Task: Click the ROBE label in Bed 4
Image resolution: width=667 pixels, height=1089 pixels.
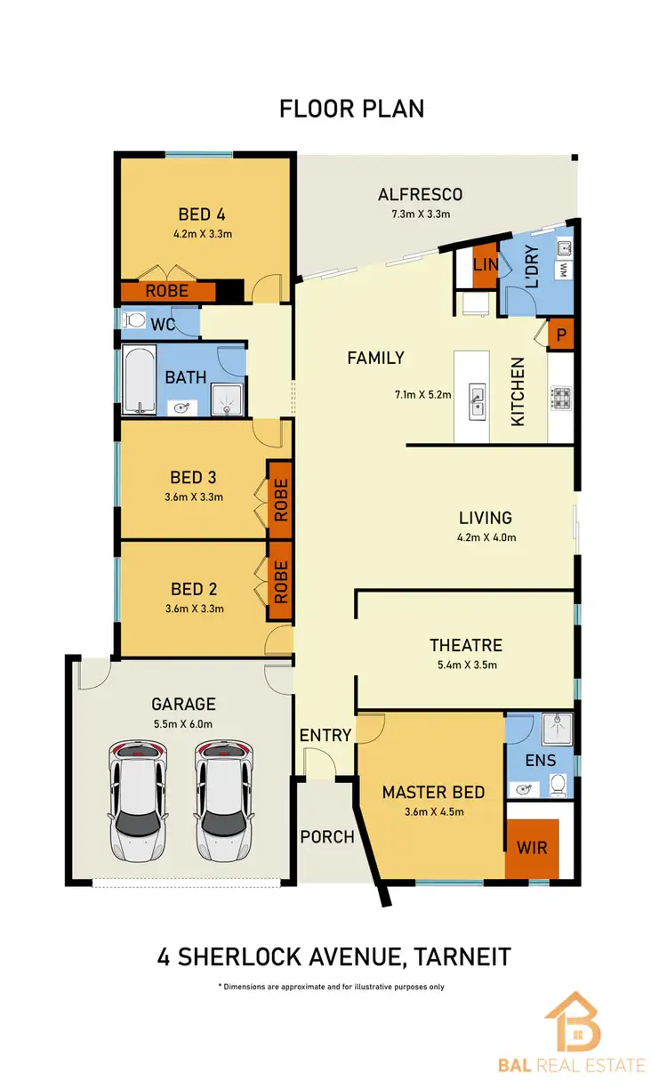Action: tap(167, 291)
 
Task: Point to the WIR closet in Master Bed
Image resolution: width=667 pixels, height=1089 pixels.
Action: tap(532, 848)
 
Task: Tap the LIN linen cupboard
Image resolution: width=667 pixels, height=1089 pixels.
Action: tap(485, 265)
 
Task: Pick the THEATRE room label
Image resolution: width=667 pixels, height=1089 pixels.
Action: tap(465, 645)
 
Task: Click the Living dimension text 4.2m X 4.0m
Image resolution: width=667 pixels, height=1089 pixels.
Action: tap(486, 536)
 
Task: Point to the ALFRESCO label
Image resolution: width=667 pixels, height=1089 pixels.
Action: tap(421, 195)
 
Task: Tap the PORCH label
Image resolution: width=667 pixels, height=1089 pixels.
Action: tap(327, 836)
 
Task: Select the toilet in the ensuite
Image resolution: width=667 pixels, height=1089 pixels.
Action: tap(558, 785)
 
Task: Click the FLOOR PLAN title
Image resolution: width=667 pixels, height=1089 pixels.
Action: tap(351, 109)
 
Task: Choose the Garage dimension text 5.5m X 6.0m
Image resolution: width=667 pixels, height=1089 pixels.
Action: tap(182, 723)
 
